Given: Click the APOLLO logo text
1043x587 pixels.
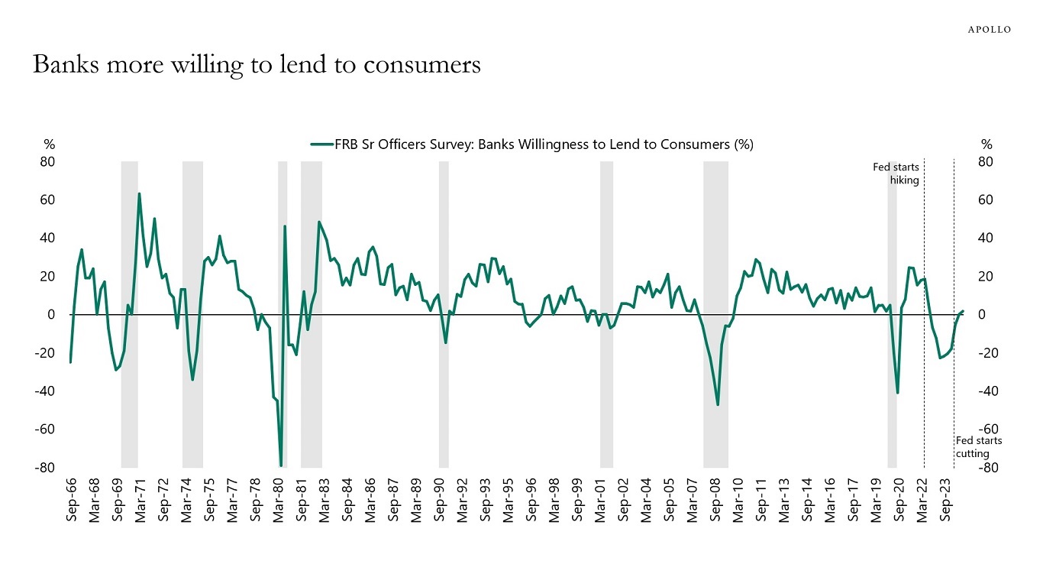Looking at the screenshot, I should (x=990, y=29).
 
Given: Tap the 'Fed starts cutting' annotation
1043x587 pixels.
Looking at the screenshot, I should (x=978, y=447).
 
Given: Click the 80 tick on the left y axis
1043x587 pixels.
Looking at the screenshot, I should (x=49, y=162).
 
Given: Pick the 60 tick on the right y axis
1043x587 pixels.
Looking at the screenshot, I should (x=986, y=200).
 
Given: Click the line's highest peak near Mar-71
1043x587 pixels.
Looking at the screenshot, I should (x=139, y=194).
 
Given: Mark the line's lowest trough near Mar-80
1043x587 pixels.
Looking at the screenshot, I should (x=281, y=465).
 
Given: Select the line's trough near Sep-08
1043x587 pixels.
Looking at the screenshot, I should (x=718, y=404).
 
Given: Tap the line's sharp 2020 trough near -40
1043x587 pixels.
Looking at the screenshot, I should (x=897, y=393).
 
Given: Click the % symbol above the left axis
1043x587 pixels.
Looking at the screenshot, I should (x=49, y=144).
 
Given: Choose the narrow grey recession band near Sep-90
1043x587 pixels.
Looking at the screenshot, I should (x=444, y=314).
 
